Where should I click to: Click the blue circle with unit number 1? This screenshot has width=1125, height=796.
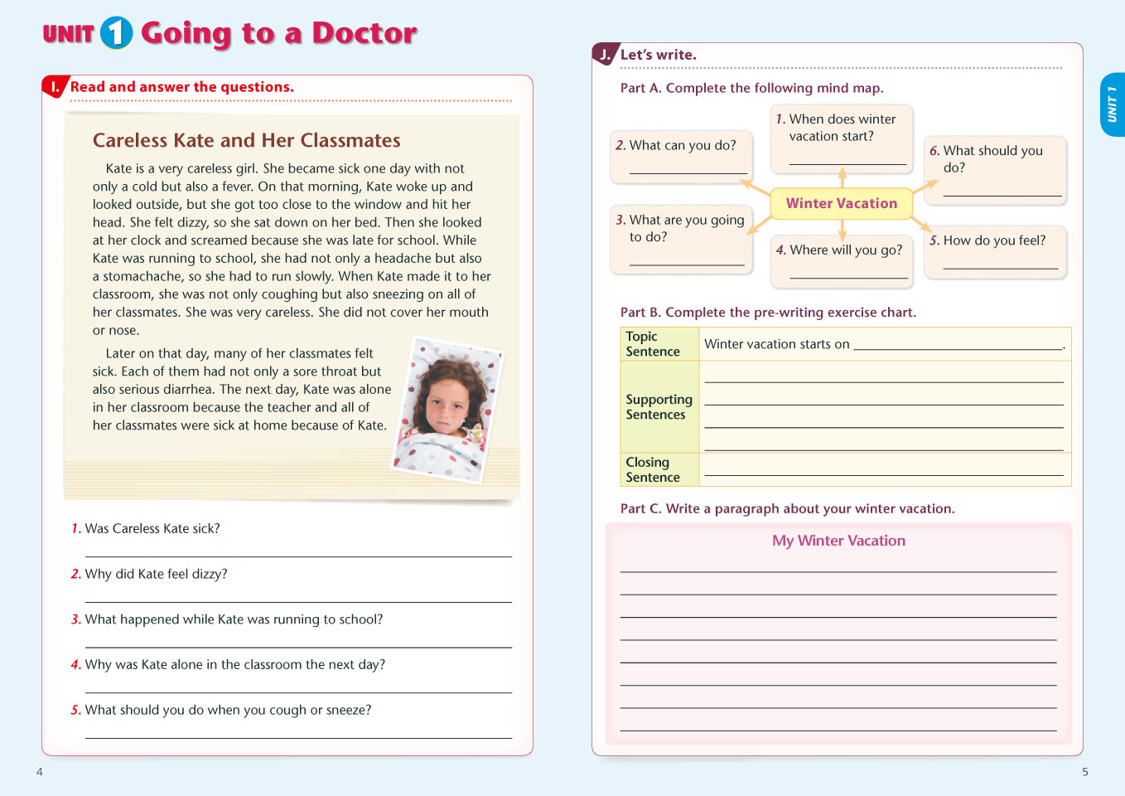click(x=116, y=33)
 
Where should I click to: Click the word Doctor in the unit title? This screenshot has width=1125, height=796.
click(x=364, y=33)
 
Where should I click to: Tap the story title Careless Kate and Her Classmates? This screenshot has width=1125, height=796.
click(x=246, y=140)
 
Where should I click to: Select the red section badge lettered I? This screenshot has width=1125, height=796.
click(x=56, y=86)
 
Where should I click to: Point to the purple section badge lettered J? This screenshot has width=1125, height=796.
click(x=605, y=55)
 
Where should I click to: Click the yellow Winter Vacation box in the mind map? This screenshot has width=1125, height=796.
click(x=841, y=203)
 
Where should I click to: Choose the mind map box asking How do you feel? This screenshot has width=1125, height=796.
click(x=994, y=251)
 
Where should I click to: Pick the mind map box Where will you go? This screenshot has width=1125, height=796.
click(x=841, y=260)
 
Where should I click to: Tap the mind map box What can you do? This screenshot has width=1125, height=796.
click(x=681, y=155)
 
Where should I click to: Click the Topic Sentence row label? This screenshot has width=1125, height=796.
click(x=653, y=344)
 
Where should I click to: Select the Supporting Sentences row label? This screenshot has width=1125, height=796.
click(x=659, y=406)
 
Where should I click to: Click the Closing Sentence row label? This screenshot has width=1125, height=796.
click(x=653, y=469)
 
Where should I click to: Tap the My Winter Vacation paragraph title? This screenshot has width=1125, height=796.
click(x=838, y=541)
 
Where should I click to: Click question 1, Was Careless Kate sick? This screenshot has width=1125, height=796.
click(x=152, y=529)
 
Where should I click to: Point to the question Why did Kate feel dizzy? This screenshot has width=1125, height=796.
click(x=156, y=574)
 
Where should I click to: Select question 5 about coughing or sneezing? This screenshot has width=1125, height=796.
click(x=228, y=710)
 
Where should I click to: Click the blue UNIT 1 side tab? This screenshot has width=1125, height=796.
click(x=1112, y=104)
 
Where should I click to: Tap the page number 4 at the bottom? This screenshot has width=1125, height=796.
click(x=40, y=772)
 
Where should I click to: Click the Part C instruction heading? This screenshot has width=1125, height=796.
click(x=787, y=509)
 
